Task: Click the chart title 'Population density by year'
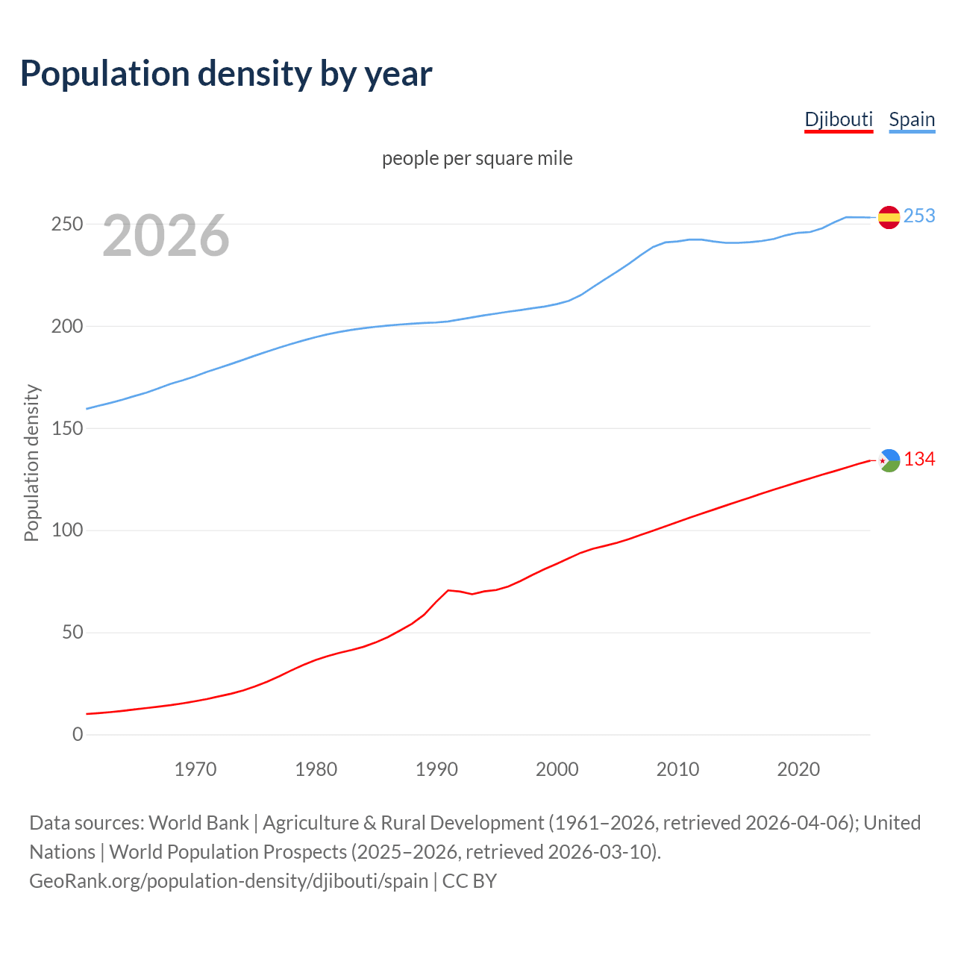point(226,73)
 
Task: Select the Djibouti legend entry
point(839,119)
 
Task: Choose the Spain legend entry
point(912,119)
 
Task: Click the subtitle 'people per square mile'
point(477,158)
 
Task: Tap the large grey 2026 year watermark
point(166,236)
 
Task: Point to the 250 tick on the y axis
point(67,224)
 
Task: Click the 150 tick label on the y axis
point(67,428)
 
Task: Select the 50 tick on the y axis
point(72,633)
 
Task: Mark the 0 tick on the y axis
point(78,734)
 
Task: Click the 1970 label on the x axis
point(195,768)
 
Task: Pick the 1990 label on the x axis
point(436,768)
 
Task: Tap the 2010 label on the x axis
point(677,768)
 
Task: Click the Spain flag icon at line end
point(889,217)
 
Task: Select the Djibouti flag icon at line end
point(889,460)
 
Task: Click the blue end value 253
point(919,216)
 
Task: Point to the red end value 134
point(919,459)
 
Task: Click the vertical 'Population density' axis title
point(31,463)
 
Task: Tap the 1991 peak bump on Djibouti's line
point(448,590)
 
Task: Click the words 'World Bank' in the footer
point(198,822)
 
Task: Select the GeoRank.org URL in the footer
point(228,880)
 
